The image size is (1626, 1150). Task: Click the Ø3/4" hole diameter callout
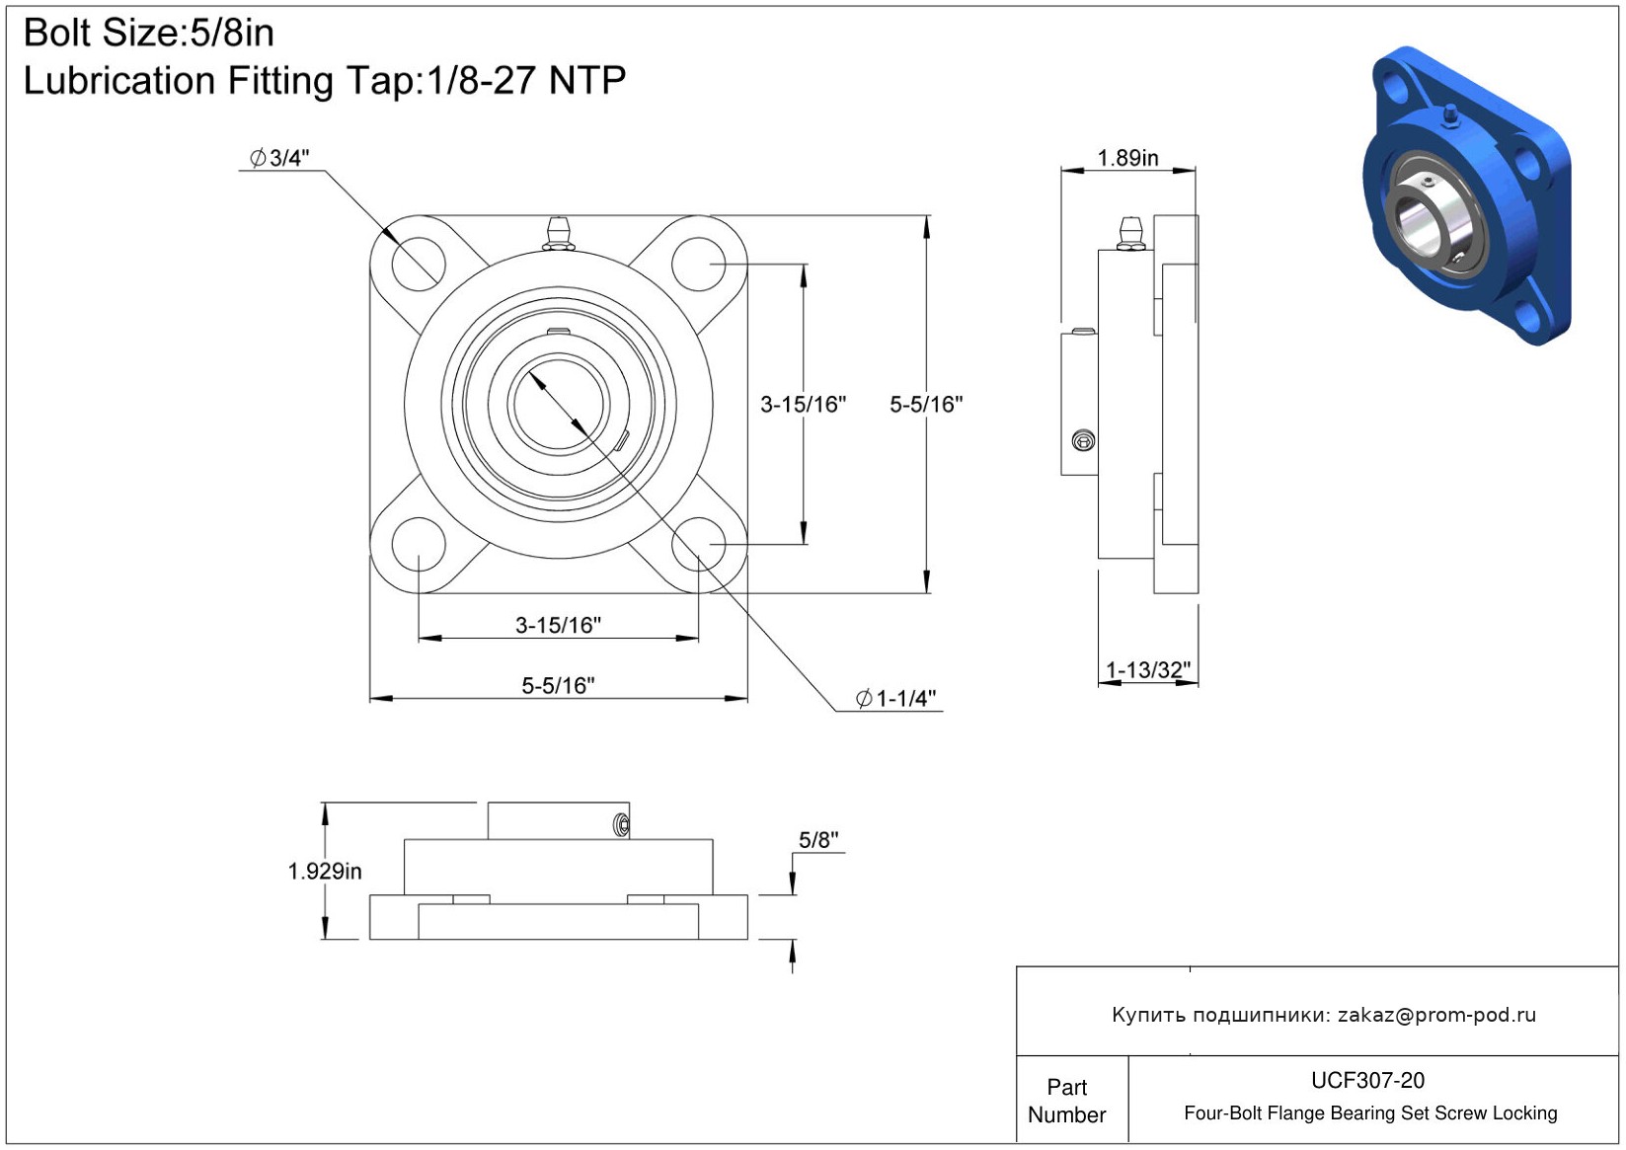pos(280,158)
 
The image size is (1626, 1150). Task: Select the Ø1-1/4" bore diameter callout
pos(896,699)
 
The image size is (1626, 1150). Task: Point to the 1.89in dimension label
pos(1127,158)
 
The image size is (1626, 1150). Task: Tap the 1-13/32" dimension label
pos(1148,670)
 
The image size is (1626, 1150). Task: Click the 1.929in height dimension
pos(325,871)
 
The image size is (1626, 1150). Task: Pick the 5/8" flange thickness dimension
pos(818,840)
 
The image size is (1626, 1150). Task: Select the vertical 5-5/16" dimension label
pos(926,404)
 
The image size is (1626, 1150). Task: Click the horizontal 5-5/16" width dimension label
pos(558,685)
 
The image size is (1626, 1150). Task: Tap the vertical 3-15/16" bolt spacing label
pos(803,404)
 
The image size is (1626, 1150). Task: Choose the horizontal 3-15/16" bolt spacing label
pos(558,625)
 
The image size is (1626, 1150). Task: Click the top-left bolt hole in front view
pos(419,264)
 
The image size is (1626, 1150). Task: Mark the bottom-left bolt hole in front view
pos(419,544)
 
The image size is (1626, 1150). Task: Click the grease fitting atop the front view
pos(559,233)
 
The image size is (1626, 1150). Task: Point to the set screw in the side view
pos(1083,440)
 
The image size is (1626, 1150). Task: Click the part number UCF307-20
pos(1367,1080)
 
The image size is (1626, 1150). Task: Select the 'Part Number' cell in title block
pos(1067,1101)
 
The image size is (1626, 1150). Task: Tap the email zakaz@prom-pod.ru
pos(1436,1015)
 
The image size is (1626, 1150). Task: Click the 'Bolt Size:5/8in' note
pos(149,33)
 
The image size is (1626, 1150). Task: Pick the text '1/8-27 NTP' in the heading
pos(526,81)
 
